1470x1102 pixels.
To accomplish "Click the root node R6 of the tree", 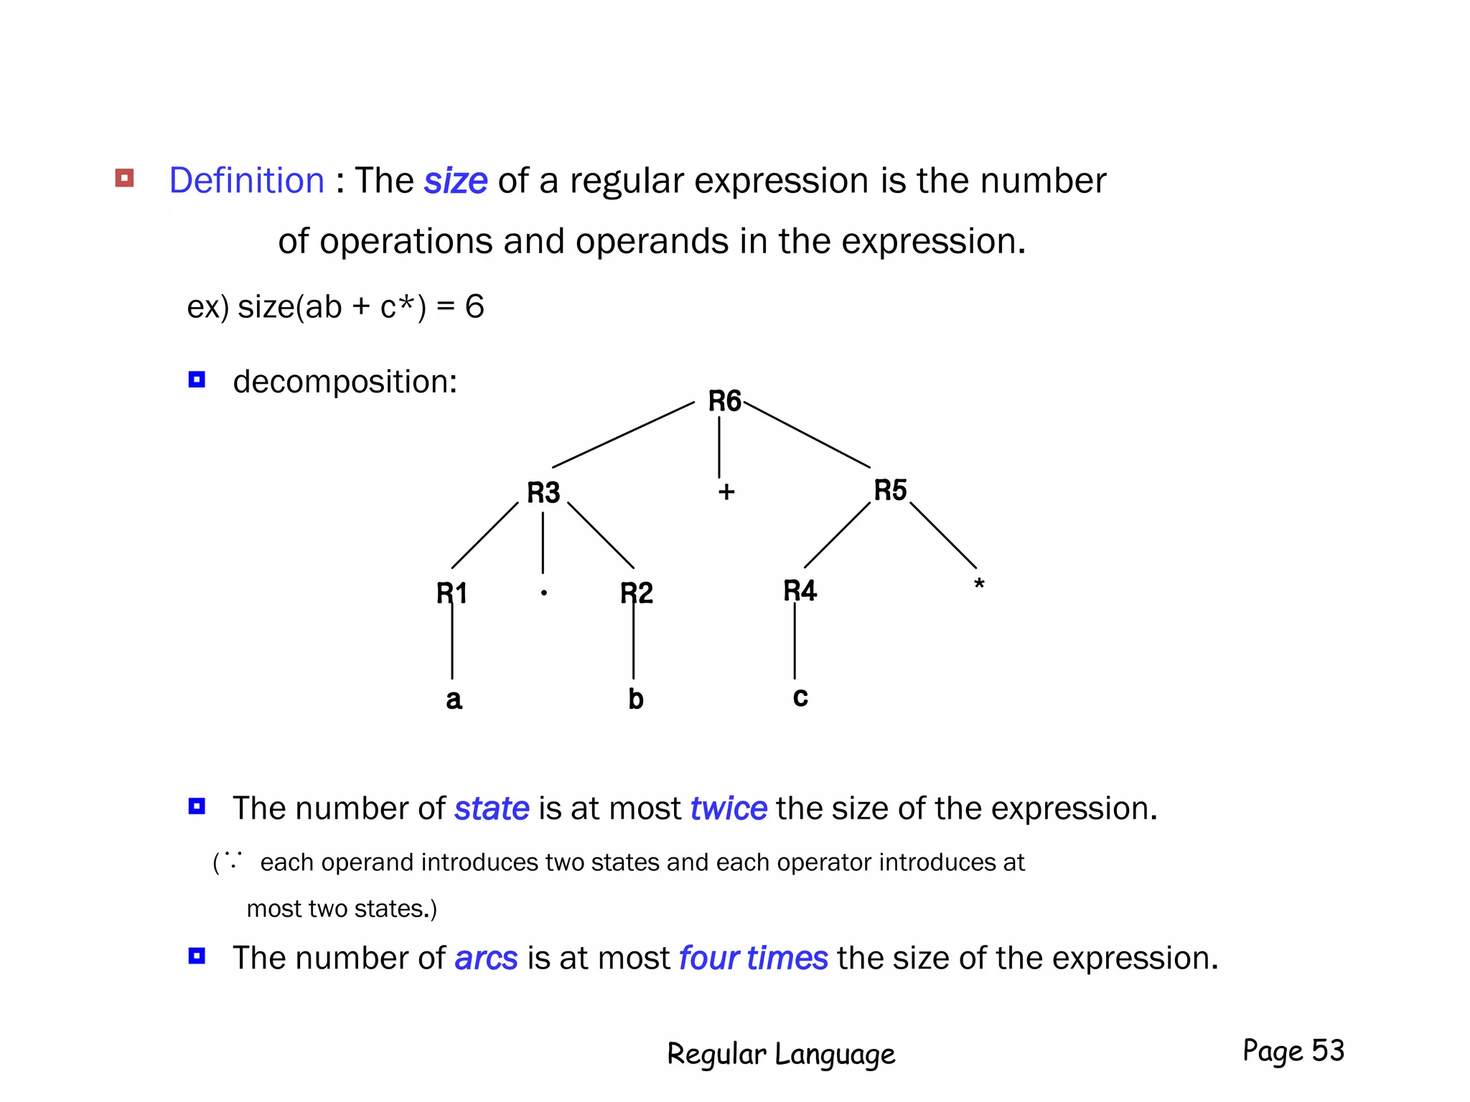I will tap(724, 401).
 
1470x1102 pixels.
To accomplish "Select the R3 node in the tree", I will tap(543, 493).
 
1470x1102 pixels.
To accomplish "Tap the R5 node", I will tap(890, 491).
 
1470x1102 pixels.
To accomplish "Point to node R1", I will tap(452, 593).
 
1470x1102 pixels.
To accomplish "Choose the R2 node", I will tap(637, 593).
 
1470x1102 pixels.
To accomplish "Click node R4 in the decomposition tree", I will tap(800, 591).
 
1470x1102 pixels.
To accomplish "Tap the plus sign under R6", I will tap(726, 492).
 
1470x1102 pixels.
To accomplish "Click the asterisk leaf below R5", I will tap(979, 585).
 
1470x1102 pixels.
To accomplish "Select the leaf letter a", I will tap(454, 699).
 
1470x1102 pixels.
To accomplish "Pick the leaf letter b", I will tap(636, 699).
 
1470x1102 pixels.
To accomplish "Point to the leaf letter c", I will tap(800, 697).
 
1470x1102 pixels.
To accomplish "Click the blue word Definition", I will tap(247, 180).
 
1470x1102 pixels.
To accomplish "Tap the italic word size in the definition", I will tap(456, 181).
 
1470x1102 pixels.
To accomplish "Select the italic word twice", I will tap(729, 809).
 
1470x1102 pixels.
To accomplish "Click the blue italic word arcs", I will tap(486, 959).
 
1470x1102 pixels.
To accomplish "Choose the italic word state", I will tap(492, 809).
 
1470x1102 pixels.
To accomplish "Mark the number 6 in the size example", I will tap(474, 307).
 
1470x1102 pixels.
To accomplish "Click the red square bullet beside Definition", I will tap(125, 178).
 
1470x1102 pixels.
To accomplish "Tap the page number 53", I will tap(1328, 1050).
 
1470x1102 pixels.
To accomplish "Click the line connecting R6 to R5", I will tap(807, 435).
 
